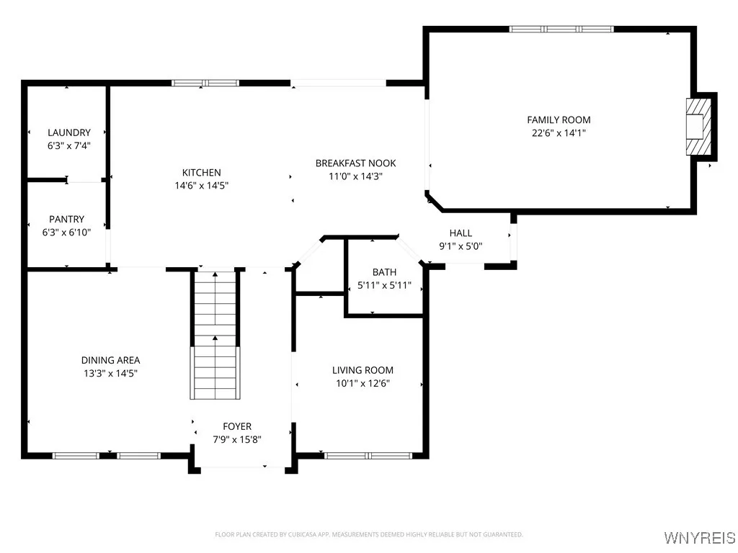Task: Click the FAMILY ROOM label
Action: click(x=559, y=120)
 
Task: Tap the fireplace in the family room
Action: click(x=695, y=127)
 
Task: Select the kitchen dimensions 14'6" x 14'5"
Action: click(x=201, y=185)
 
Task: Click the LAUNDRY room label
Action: click(x=69, y=132)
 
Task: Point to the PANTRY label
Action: click(x=67, y=219)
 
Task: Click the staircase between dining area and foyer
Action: click(x=214, y=334)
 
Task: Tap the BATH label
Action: click(x=384, y=272)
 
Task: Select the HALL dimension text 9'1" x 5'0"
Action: click(x=461, y=246)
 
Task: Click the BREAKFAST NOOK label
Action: click(x=355, y=163)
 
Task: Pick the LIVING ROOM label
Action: click(x=363, y=370)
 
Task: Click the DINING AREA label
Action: click(x=110, y=360)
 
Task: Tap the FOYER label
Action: click(x=237, y=426)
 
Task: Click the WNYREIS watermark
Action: click(x=700, y=538)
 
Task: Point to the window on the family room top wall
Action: click(x=561, y=29)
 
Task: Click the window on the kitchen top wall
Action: click(x=205, y=83)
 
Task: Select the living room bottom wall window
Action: click(x=368, y=455)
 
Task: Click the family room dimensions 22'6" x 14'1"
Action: click(x=559, y=132)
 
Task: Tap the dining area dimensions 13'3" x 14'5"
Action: click(x=110, y=373)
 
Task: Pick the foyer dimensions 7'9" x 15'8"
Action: click(x=237, y=439)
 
